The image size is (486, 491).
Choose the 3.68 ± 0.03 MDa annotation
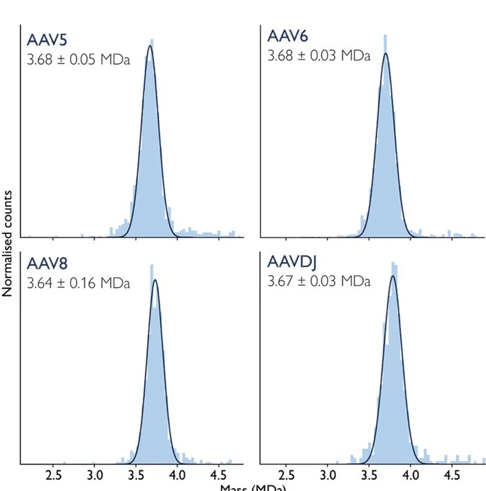(x=319, y=55)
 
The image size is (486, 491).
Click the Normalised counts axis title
(x=8, y=242)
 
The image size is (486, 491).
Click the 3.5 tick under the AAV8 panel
(x=136, y=476)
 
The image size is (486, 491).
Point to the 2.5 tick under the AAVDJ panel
(x=286, y=476)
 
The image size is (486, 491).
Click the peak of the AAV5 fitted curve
(x=149, y=47)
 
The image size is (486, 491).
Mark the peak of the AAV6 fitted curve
(x=386, y=54)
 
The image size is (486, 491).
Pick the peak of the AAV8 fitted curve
(x=155, y=280)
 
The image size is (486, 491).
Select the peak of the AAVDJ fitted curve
(x=393, y=276)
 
